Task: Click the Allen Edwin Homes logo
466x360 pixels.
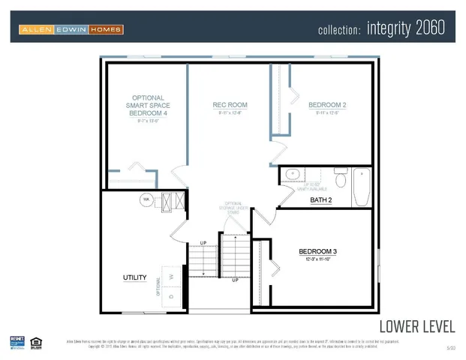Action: [x=71, y=29]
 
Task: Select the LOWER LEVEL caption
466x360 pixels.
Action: [x=416, y=326]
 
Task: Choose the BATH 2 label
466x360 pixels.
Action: [x=321, y=200]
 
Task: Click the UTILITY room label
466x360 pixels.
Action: [x=134, y=277]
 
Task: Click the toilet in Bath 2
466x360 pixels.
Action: [x=339, y=180]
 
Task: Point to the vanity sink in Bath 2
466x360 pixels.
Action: [x=292, y=175]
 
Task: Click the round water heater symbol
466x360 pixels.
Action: [x=146, y=199]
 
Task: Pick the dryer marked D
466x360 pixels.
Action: [x=171, y=296]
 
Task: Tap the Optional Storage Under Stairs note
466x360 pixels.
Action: [x=233, y=208]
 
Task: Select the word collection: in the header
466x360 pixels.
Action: [x=340, y=31]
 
